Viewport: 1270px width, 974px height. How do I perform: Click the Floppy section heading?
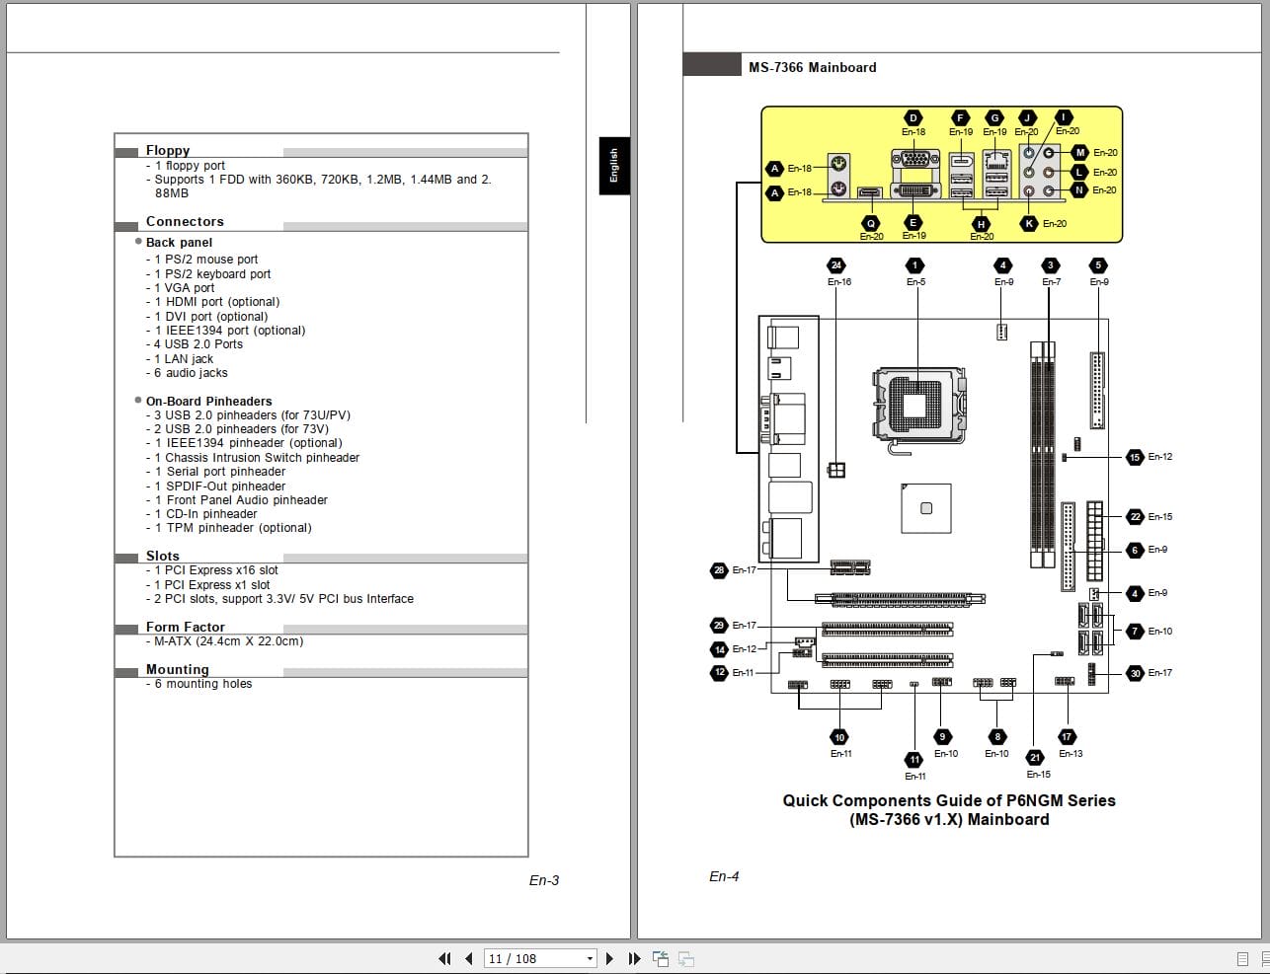click(x=168, y=150)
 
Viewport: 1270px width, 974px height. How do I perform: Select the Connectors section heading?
click(x=185, y=221)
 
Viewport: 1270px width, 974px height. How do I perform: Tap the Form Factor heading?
click(x=185, y=627)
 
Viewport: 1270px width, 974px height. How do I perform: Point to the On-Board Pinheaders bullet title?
click(x=208, y=401)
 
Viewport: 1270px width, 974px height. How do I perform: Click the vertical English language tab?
click(x=613, y=165)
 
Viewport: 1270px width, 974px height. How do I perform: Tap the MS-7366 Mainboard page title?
click(x=812, y=67)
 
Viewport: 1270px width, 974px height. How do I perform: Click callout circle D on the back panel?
click(x=913, y=118)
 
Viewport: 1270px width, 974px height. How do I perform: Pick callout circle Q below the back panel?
click(x=871, y=223)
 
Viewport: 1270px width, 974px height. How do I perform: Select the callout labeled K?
click(x=1030, y=223)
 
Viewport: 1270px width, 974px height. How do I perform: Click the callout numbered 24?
click(x=836, y=265)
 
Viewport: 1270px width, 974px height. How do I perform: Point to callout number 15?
click(x=1135, y=457)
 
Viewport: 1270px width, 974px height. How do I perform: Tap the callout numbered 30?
click(x=1135, y=673)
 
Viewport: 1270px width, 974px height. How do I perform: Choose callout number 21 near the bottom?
click(x=1034, y=758)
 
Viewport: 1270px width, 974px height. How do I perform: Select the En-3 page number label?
click(x=543, y=880)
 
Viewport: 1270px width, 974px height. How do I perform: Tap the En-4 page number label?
click(x=724, y=876)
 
